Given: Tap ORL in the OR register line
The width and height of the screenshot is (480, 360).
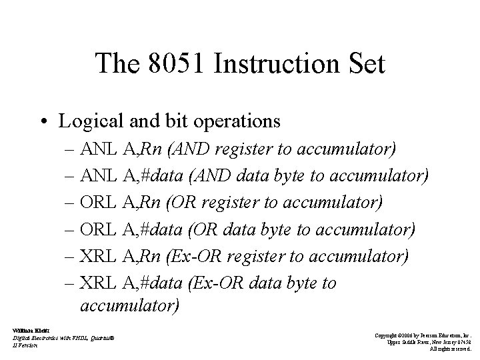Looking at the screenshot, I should coord(99,203).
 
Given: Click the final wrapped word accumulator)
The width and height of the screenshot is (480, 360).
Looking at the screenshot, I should coord(129,305).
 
